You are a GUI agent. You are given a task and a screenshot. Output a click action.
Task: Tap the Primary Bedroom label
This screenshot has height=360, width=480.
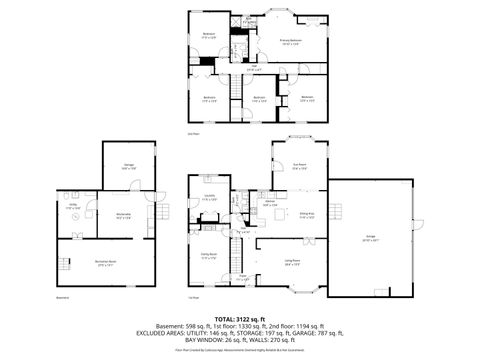pyautogui.click(x=291, y=41)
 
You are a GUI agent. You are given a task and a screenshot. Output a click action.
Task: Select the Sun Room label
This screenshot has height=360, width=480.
pyautogui.click(x=298, y=166)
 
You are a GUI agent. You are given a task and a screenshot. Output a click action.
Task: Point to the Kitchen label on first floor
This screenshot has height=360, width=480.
pyautogui.click(x=269, y=202)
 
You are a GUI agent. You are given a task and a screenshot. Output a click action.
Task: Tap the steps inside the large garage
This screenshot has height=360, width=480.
pyautogui.click(x=337, y=211)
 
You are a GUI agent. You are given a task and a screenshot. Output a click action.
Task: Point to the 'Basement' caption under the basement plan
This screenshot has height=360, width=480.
pyautogui.click(x=62, y=298)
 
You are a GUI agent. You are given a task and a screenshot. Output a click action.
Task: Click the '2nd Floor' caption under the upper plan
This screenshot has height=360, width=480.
pyautogui.click(x=194, y=132)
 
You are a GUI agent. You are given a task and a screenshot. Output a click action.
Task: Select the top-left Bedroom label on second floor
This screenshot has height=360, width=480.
pyautogui.click(x=209, y=35)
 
